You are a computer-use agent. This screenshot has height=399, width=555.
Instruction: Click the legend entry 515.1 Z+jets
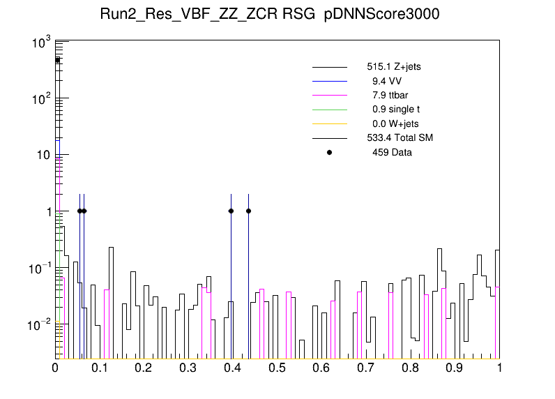coord(393,67)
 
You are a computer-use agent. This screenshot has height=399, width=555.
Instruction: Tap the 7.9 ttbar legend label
coord(390,95)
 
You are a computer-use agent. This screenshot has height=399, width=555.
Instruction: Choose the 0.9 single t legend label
coord(395,109)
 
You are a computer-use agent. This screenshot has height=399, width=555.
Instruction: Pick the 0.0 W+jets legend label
coord(395,123)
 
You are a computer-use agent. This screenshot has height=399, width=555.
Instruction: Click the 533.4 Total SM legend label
coord(400,137)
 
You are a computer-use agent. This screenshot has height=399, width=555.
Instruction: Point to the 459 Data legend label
coord(392,152)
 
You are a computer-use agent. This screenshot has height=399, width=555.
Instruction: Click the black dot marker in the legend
coord(330,152)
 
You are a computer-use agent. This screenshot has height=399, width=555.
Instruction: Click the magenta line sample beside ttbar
coord(330,95)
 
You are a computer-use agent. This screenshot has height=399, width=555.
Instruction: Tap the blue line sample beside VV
coord(330,81)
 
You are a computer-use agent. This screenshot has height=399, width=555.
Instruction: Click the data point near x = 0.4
coord(231,211)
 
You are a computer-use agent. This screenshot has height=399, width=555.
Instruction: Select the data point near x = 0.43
coord(248,211)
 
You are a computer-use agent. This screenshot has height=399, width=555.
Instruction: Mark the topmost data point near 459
coord(58,61)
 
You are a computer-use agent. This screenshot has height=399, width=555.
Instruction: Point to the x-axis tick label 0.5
coord(277,368)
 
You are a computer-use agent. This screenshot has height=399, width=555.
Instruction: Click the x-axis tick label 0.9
coord(455,368)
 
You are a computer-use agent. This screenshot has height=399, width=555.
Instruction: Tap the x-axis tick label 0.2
coord(144,368)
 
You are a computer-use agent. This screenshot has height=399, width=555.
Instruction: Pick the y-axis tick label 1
coord(45,211)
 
